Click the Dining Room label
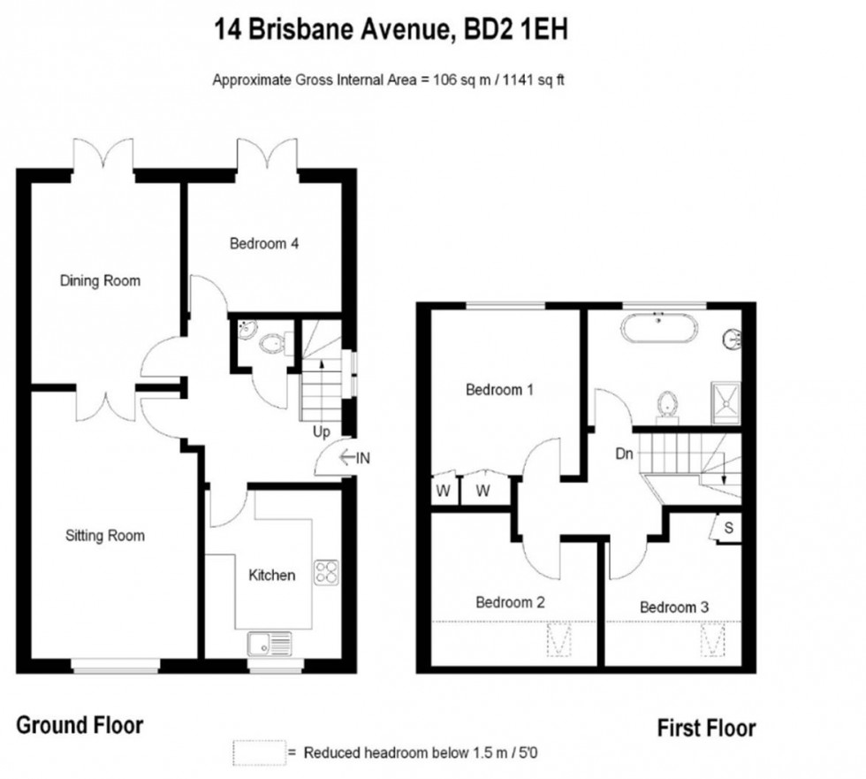(x=100, y=281)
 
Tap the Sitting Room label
(x=104, y=535)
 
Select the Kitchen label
(x=271, y=576)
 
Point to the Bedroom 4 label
(x=263, y=243)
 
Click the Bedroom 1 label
(x=499, y=389)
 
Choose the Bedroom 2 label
(x=510, y=603)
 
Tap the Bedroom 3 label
(x=674, y=607)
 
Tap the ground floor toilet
(x=275, y=341)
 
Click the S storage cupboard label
(x=729, y=528)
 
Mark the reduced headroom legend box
(x=258, y=752)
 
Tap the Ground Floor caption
(x=80, y=726)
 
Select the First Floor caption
(x=706, y=729)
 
